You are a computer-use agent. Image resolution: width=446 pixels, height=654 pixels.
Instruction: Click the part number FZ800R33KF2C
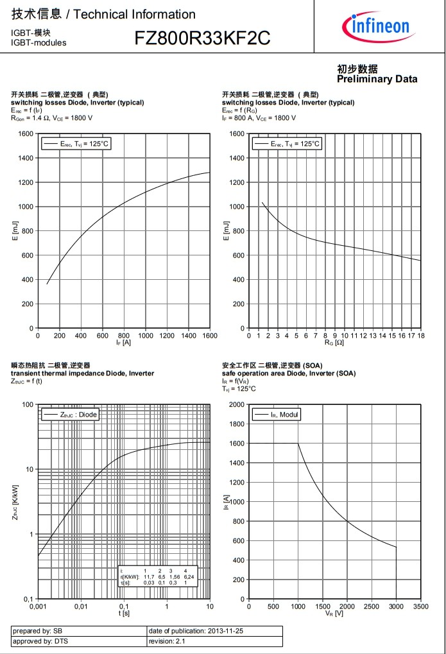coord(202,39)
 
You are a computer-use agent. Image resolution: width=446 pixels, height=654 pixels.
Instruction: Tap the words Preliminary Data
coord(377,79)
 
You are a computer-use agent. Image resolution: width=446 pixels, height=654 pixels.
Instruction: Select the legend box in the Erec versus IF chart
coord(76,144)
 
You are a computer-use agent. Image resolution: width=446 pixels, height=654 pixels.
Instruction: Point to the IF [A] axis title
coord(124,343)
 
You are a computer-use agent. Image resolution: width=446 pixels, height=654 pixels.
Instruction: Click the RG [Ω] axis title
coord(335,343)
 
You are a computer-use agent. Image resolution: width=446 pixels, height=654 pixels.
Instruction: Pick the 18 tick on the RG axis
coord(421,335)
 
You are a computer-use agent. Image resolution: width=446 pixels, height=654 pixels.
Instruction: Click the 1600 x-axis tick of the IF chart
coord(210,335)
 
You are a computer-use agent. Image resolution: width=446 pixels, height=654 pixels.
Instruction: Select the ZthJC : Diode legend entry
coord(70,415)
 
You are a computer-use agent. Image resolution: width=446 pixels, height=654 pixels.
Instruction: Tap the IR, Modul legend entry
coord(277,415)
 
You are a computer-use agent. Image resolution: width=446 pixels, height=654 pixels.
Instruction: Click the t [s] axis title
coord(124,614)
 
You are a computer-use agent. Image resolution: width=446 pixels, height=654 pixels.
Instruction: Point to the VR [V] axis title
coord(335,614)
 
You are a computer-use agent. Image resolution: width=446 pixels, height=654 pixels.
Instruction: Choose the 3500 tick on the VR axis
coord(421,606)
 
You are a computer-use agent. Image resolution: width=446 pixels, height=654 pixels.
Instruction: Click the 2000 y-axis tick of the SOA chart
coord(237,404)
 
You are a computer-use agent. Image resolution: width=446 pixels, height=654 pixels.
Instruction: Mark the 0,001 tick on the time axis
coord(38,606)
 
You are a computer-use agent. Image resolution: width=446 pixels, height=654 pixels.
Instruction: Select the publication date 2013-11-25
coord(225,631)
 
